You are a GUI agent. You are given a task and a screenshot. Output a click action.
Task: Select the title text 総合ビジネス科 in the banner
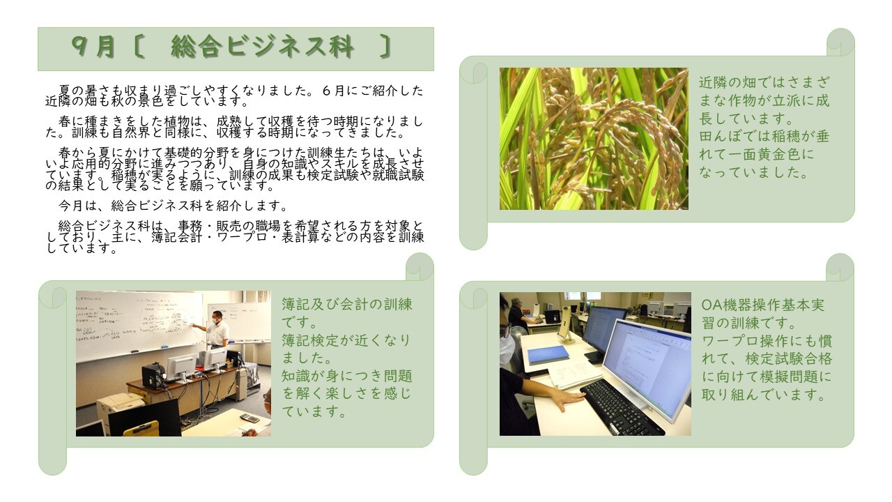[262, 47]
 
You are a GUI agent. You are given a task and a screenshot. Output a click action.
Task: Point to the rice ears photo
[594, 139]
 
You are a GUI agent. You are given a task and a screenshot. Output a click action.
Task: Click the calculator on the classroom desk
[249, 418]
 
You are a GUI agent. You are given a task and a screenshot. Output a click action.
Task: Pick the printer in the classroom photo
[118, 407]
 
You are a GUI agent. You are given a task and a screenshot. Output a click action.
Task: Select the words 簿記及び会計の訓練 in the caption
[346, 304]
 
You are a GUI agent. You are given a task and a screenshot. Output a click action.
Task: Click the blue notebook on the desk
[548, 355]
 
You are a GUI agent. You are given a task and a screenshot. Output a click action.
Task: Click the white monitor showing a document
[645, 363]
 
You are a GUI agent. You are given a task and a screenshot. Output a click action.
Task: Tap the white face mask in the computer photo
[507, 349]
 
